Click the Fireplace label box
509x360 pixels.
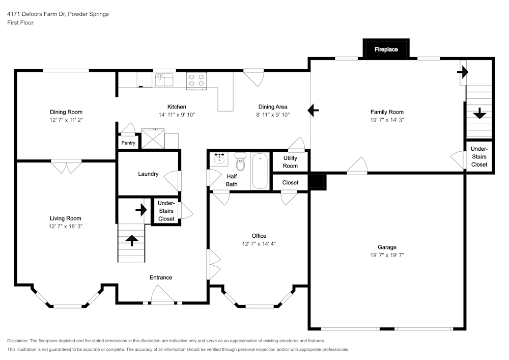tap(386, 49)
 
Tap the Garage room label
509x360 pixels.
tap(387, 247)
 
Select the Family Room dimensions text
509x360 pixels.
tap(387, 120)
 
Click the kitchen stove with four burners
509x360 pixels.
tap(196, 80)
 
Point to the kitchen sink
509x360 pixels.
tap(164, 79)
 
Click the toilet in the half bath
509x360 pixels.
tap(240, 161)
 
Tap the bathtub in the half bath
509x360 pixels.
tap(260, 170)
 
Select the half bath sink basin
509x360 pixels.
tap(220, 159)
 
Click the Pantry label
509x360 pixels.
tap(128, 143)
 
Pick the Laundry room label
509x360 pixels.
tap(148, 174)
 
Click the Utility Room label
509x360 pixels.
tap(290, 162)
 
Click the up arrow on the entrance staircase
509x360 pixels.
tap(131, 240)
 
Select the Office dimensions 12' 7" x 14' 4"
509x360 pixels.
tap(259, 244)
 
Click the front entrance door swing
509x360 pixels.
tap(162, 295)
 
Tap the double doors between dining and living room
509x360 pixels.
tap(66, 166)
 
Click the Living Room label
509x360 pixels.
tap(66, 218)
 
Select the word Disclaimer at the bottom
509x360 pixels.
tap(18, 340)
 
